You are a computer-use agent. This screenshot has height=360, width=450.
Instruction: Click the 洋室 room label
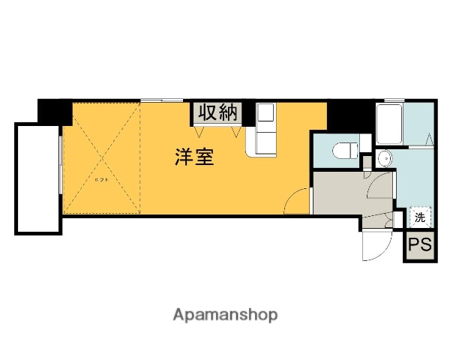pos(195,157)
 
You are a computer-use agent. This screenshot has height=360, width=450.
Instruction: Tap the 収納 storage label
pos(217,112)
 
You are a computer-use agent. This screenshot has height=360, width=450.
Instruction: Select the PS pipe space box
pos(420,245)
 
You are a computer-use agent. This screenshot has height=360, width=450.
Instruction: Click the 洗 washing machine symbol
pos(420,217)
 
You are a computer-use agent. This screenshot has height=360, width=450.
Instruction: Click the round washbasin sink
pos(383,158)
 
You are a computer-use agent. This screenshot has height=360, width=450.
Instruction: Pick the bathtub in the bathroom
pos(390,124)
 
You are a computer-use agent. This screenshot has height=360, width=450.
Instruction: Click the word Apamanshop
pos(225,314)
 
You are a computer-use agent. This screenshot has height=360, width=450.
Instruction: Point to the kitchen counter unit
pos(264,129)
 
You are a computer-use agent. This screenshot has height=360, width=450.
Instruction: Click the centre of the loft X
pos(102,157)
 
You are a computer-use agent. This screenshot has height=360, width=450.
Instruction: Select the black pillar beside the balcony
pos(55,112)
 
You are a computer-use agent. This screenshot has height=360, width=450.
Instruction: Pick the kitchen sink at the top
pos(266,114)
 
